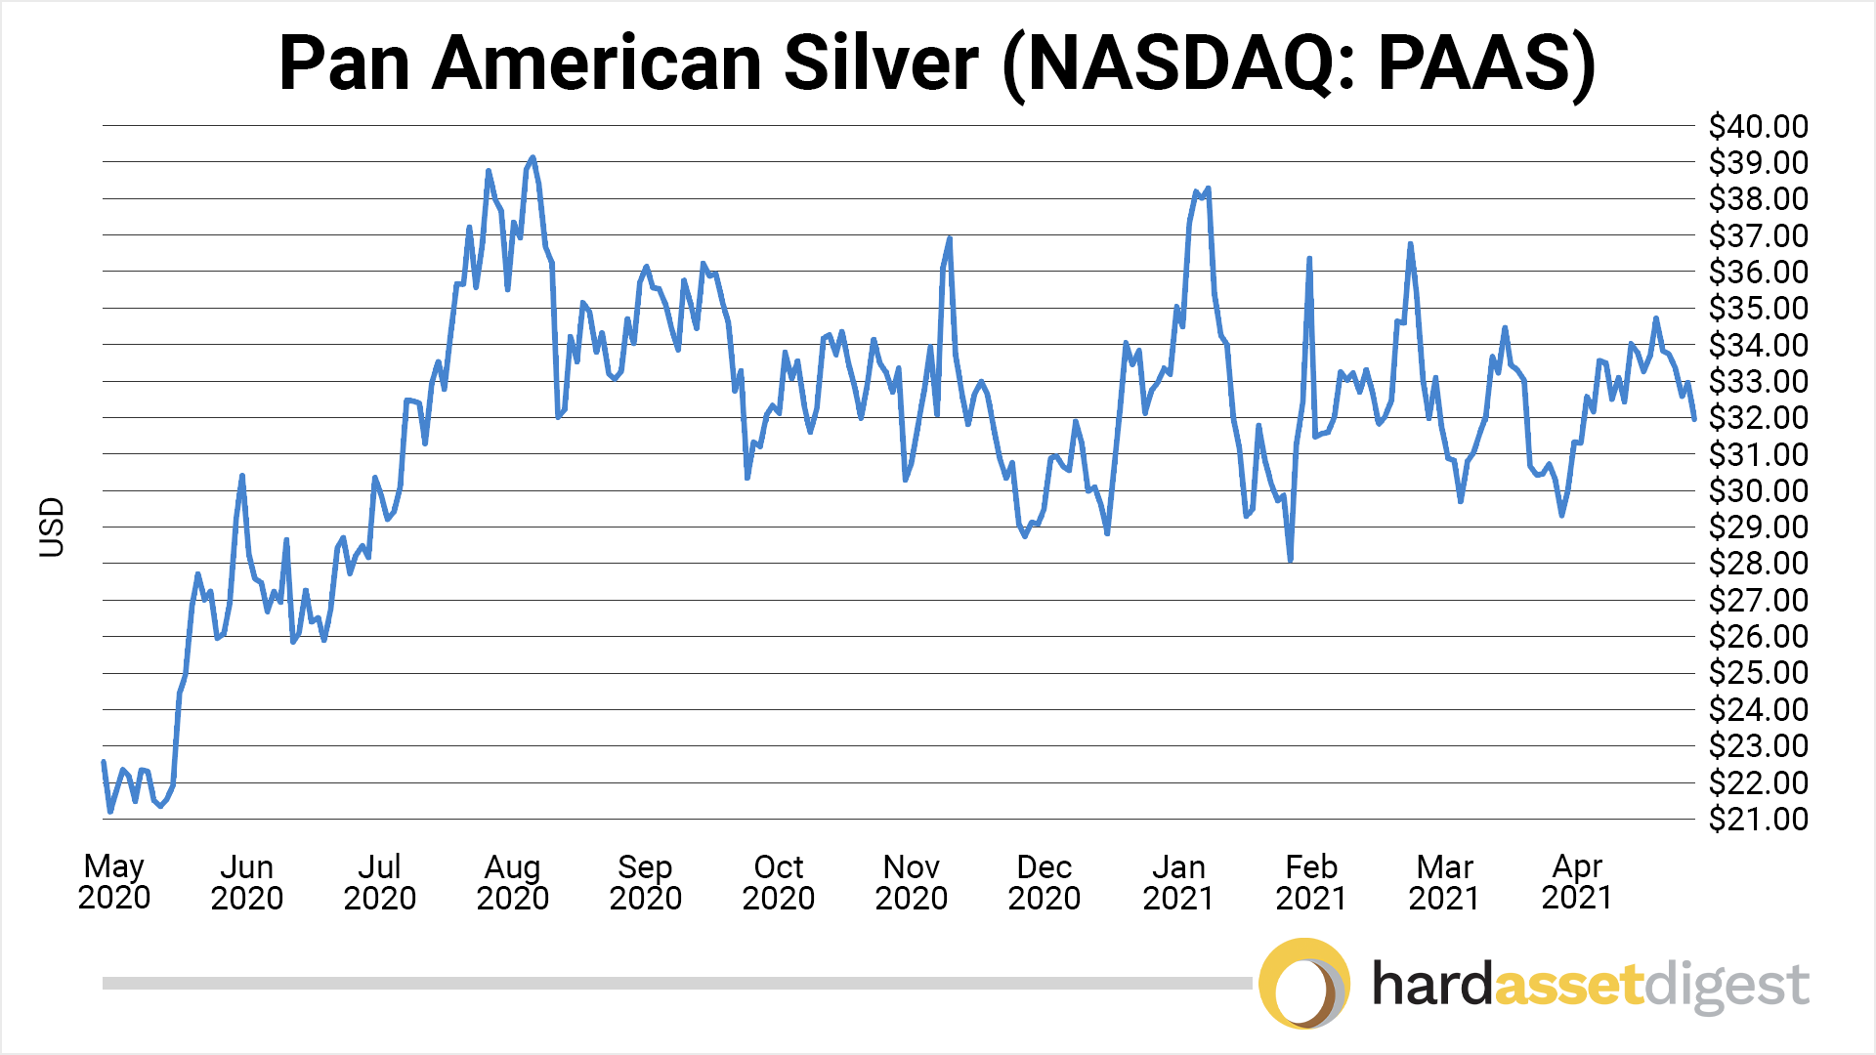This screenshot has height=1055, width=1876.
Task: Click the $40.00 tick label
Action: tap(1758, 126)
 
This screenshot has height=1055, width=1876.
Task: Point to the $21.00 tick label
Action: tap(1758, 819)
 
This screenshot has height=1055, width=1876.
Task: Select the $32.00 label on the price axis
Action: tap(1758, 417)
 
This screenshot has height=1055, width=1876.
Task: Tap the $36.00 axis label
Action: tap(1758, 272)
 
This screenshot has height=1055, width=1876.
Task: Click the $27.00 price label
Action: tap(1758, 600)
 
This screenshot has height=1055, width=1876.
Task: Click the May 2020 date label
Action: tap(114, 881)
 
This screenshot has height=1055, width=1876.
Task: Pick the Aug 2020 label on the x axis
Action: tap(513, 881)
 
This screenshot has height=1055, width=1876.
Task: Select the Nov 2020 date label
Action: tap(912, 881)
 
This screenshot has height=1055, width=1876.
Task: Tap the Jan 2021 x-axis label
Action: tap(1178, 881)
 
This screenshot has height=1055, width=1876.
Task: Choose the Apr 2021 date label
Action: tap(1577, 881)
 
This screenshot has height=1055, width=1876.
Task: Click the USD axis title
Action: tap(52, 527)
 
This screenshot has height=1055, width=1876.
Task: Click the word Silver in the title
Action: tap(880, 63)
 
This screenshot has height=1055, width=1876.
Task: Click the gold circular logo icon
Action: tap(1304, 984)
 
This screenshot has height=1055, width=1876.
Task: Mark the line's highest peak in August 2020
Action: tap(532, 157)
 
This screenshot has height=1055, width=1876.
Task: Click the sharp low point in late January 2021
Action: tap(1291, 560)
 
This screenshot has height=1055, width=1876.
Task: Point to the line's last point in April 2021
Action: tap(1694, 419)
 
